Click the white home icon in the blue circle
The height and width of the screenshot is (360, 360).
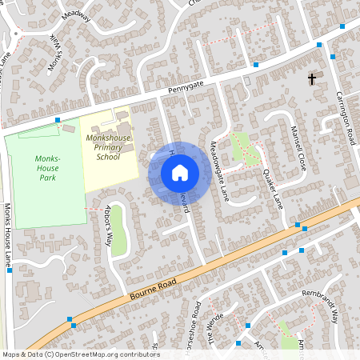[180, 172]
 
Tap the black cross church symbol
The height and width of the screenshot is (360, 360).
[312, 78]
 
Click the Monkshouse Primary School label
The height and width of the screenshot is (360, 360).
[102, 147]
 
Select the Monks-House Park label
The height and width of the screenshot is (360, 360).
[47, 164]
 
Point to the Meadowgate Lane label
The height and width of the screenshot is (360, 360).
[219, 170]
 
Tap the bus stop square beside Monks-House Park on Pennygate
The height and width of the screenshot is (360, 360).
[58, 120]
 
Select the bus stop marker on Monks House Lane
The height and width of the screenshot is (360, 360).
[9, 270]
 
